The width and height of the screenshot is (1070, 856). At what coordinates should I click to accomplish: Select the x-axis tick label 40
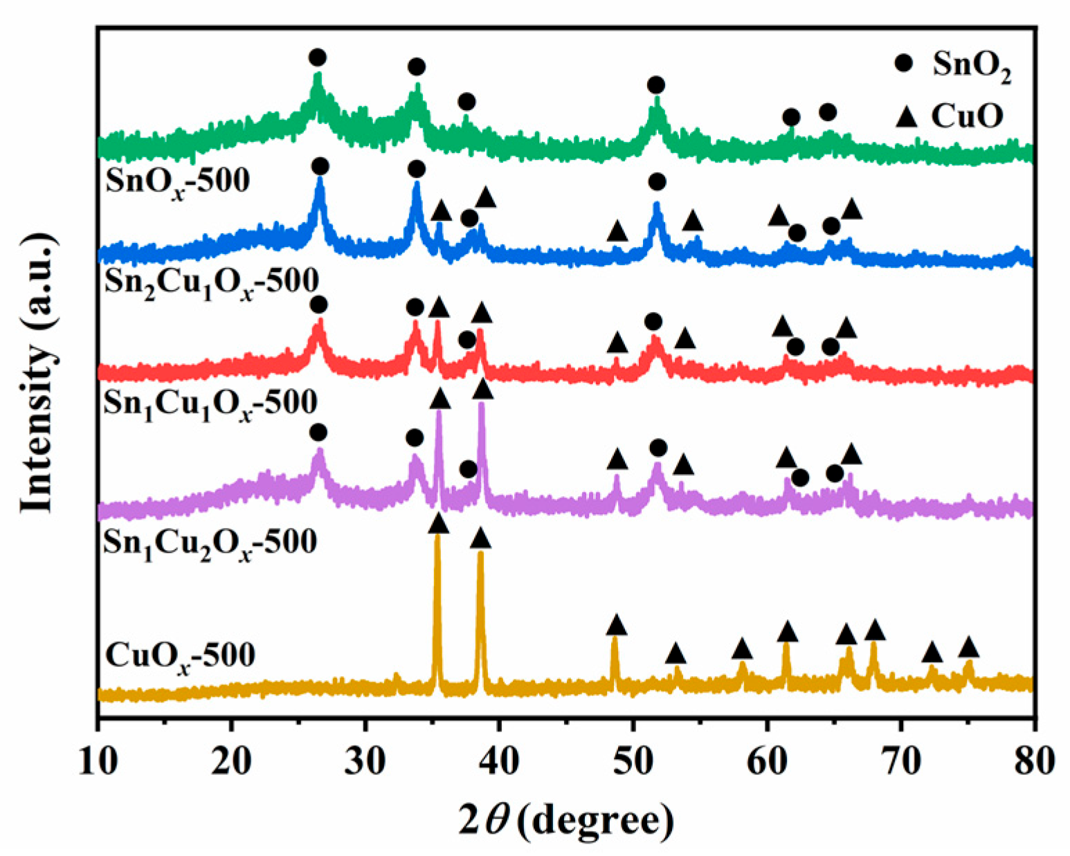coord(499,763)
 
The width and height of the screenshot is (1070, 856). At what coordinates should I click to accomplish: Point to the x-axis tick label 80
coord(1033,763)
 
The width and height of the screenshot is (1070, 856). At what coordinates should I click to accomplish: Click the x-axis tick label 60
coord(766,763)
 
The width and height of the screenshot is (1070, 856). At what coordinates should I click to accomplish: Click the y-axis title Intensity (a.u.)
coord(37,374)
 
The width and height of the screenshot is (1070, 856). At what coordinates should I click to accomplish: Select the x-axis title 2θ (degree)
coord(565,821)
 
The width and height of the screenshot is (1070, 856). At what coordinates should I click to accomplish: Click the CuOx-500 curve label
coord(181,655)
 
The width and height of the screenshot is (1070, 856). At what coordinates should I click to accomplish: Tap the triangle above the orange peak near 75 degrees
coord(968,648)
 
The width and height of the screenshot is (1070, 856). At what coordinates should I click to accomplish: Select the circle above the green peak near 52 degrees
coord(656,85)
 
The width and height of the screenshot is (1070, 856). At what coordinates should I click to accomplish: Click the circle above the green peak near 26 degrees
coord(318,57)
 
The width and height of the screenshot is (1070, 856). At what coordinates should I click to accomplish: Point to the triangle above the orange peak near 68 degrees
coord(875,630)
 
